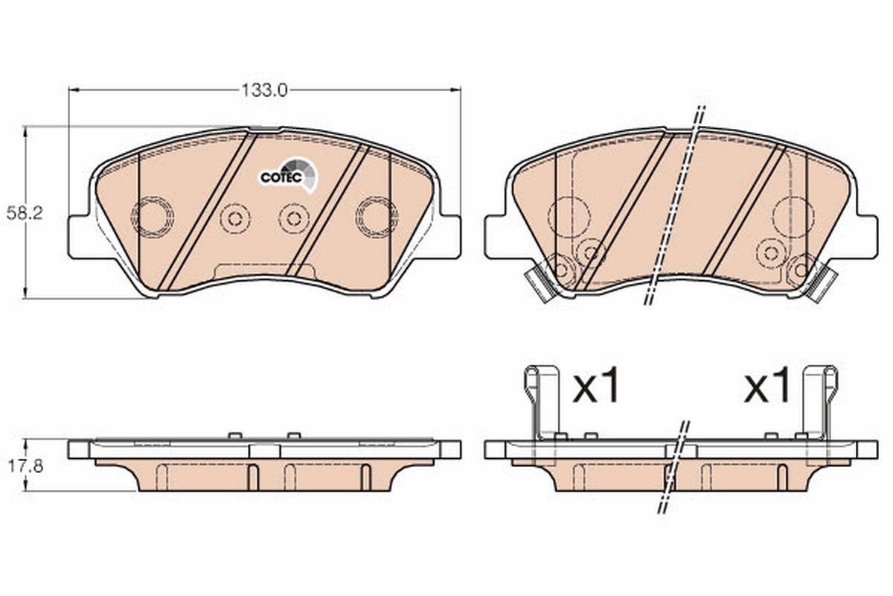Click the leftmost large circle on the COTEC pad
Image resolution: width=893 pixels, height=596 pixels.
(153, 218)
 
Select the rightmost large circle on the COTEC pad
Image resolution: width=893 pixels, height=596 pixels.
(376, 218)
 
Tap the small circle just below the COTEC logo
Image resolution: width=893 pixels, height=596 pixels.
(294, 218)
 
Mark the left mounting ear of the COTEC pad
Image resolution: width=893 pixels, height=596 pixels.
(82, 236)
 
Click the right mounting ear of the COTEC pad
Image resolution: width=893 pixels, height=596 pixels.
(447, 236)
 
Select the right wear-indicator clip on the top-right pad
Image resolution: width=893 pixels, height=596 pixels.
(822, 284)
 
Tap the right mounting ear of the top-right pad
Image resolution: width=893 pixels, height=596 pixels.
(863, 236)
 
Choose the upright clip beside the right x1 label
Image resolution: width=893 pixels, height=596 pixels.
(819, 402)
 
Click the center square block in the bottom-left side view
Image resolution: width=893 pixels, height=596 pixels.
(264, 450)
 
